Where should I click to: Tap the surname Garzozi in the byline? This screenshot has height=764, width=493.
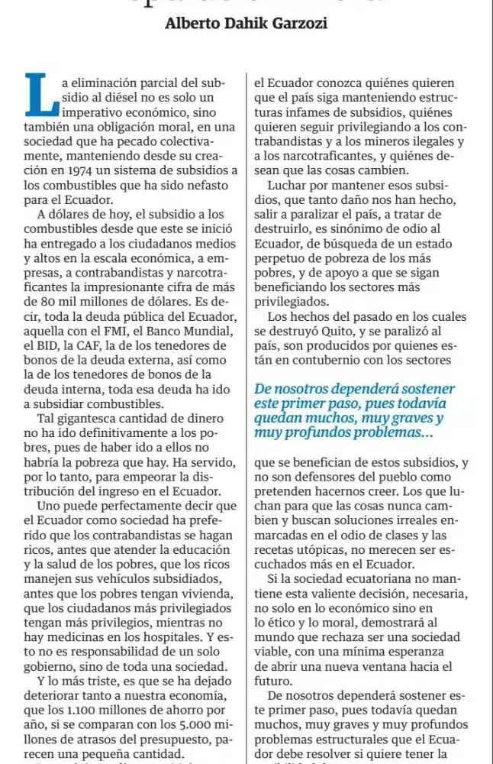(298, 24)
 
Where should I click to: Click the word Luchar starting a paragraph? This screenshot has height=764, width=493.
(287, 186)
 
